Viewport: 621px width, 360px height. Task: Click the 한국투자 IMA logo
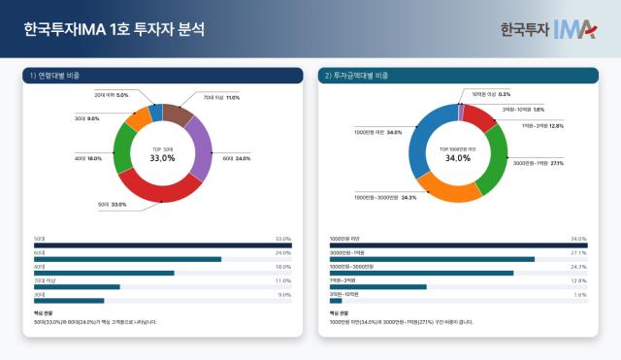(547, 29)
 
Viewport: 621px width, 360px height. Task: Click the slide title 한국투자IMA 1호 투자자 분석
(114, 29)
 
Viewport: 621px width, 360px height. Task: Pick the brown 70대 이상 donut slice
(178, 114)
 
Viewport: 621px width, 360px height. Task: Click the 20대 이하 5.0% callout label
(112, 95)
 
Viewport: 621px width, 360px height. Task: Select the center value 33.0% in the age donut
(162, 157)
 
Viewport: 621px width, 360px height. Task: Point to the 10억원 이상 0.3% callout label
(491, 94)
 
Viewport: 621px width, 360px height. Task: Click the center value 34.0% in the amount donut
(457, 157)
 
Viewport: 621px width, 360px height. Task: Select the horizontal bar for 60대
(127, 259)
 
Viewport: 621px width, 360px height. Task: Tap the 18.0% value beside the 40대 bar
(284, 266)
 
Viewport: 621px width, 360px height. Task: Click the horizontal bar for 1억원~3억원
(377, 286)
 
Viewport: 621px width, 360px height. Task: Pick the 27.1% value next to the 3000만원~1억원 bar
(579, 252)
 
